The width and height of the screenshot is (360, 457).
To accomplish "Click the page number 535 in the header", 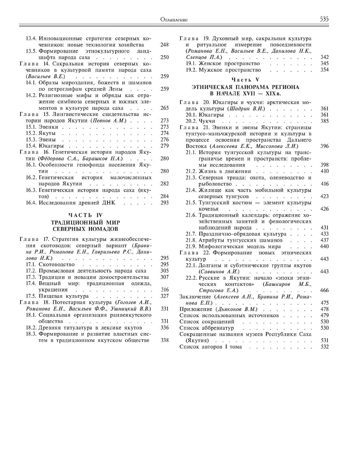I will [x=324, y=19].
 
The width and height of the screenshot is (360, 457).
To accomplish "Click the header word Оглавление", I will [x=174, y=20].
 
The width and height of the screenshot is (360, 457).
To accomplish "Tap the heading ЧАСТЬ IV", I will [x=85, y=215].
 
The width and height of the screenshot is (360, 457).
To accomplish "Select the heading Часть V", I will [x=245, y=80].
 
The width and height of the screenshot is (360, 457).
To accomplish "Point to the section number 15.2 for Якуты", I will [x=32, y=133].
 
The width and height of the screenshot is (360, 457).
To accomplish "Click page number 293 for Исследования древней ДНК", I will [x=165, y=203].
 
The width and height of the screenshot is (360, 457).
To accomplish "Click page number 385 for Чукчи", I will [x=324, y=121].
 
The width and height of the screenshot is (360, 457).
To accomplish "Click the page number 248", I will [x=165, y=45].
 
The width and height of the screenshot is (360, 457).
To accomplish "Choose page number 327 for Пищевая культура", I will [x=165, y=296].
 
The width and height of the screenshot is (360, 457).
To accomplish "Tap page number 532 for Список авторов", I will [x=324, y=347].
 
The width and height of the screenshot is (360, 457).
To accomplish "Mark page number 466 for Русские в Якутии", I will [x=324, y=291].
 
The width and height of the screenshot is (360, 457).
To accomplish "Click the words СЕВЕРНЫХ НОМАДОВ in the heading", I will [x=85, y=229].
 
